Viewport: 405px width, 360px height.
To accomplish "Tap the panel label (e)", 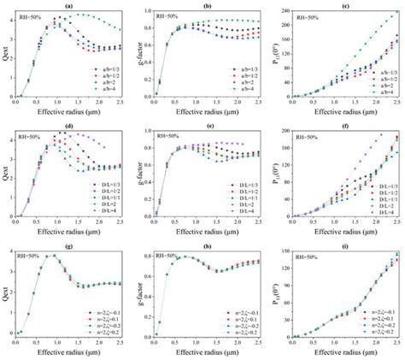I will coord(208,127).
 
